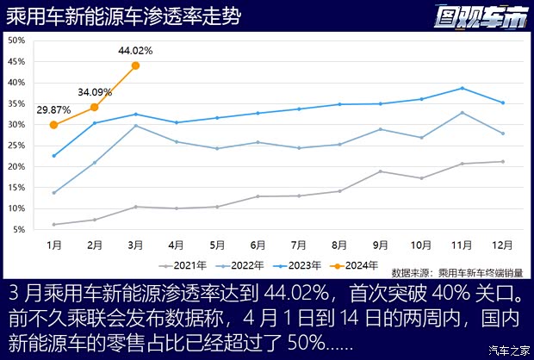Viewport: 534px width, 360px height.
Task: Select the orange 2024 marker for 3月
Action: [136, 65]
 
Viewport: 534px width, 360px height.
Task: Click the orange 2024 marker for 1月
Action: [53, 124]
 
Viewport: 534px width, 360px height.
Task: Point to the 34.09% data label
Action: [95, 91]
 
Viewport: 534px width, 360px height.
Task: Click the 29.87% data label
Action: [53, 109]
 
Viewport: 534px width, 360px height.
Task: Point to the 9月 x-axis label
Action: [380, 245]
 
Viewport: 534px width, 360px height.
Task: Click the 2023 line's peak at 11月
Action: [462, 88]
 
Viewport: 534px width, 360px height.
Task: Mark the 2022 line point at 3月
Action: [136, 126]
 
